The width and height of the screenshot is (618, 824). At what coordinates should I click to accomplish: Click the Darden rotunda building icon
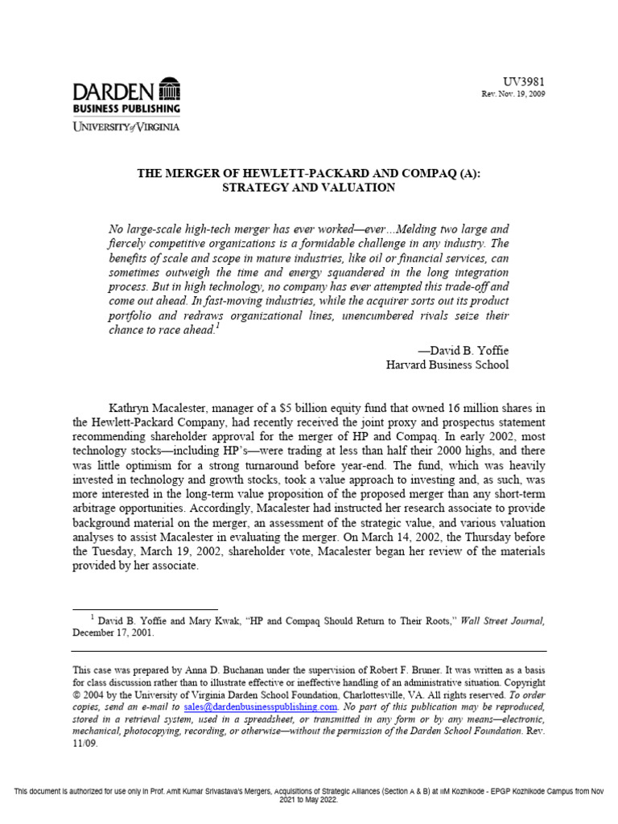coord(170,89)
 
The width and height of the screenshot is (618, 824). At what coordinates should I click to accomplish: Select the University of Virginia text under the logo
coord(126,126)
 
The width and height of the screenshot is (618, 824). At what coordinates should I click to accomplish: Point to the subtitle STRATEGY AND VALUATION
coord(309,187)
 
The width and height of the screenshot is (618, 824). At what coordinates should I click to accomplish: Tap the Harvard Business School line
coord(448,365)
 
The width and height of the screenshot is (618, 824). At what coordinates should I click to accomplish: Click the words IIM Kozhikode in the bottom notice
coord(418,793)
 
